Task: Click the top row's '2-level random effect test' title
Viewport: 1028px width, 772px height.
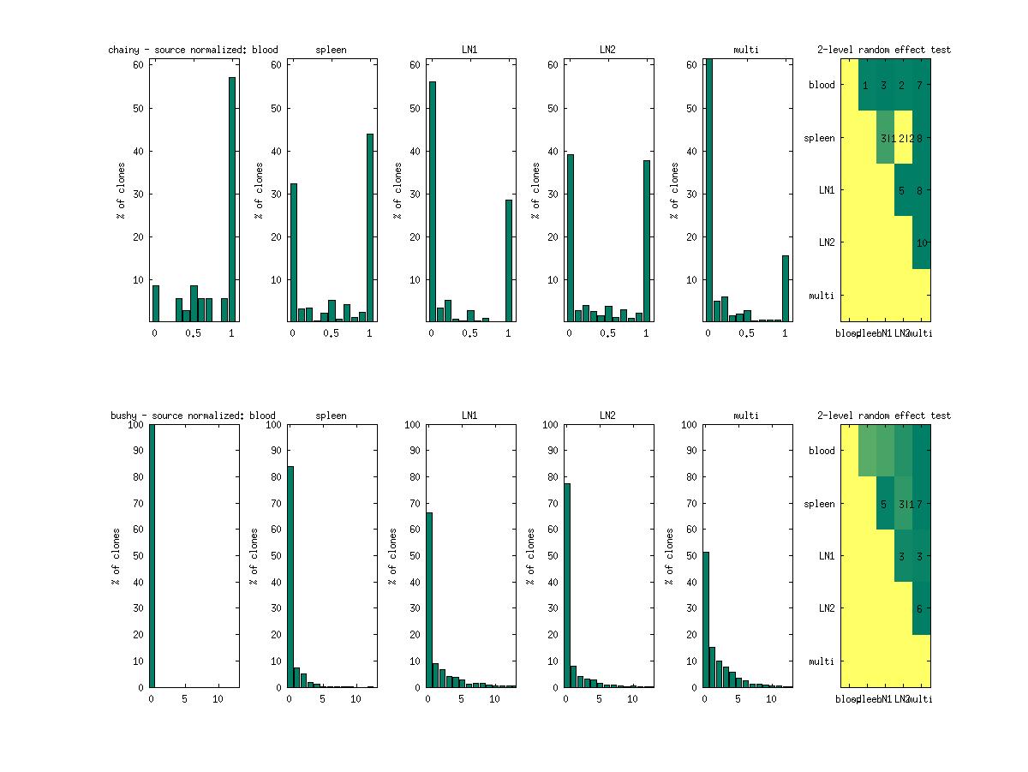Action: [883, 50]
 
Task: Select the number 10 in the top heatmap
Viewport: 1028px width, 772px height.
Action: [922, 242]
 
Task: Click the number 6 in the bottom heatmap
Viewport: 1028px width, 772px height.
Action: [919, 609]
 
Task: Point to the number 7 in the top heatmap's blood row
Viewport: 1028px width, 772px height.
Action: [919, 85]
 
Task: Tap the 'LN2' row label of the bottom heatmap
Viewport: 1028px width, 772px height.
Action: [826, 608]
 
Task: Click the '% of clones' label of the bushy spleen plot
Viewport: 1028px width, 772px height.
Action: [254, 556]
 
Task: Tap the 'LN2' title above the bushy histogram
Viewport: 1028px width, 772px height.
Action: [607, 416]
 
